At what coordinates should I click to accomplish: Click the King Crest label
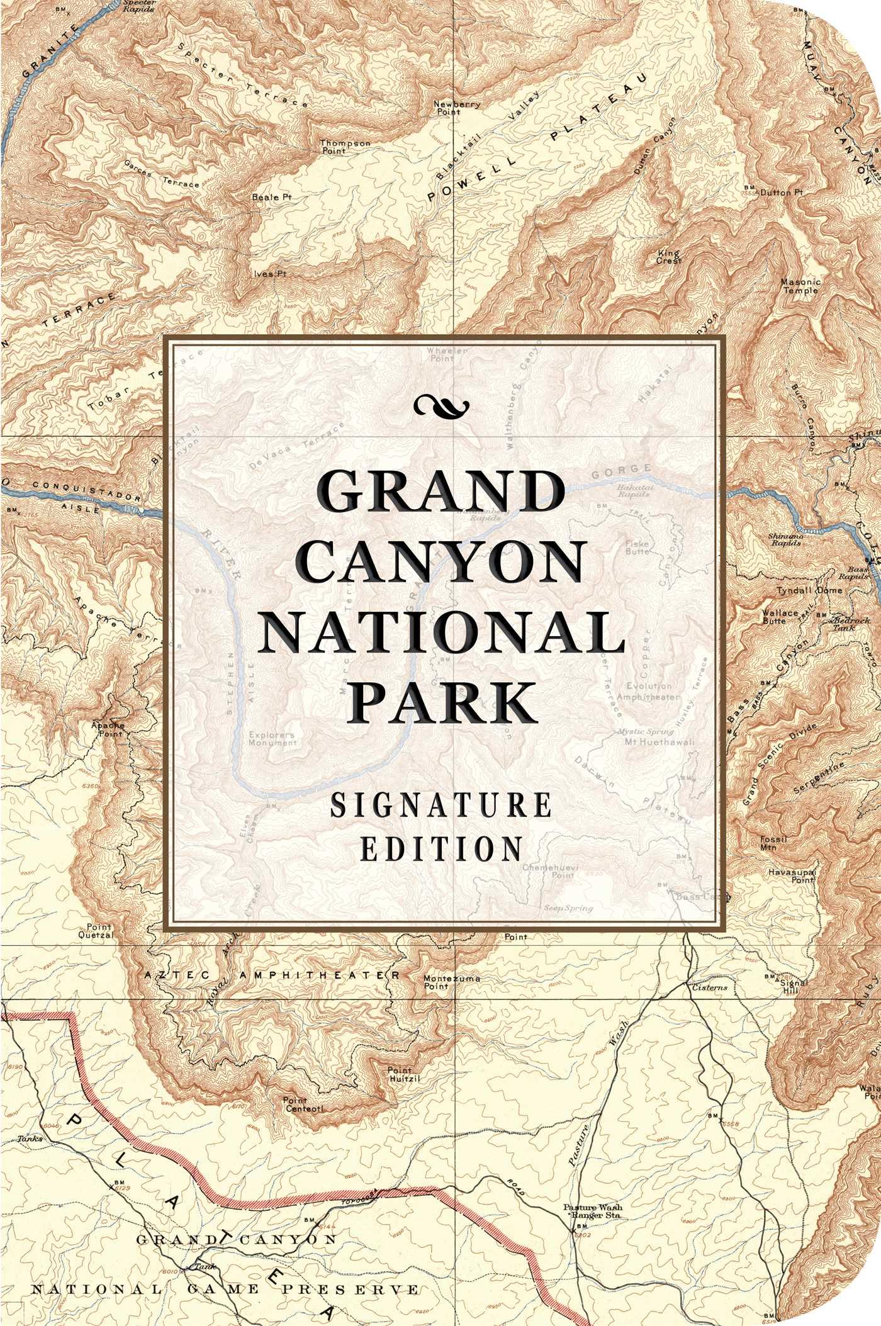tap(669, 256)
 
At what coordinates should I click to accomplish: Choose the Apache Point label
tap(108, 729)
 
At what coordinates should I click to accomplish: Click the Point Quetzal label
tap(99, 930)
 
